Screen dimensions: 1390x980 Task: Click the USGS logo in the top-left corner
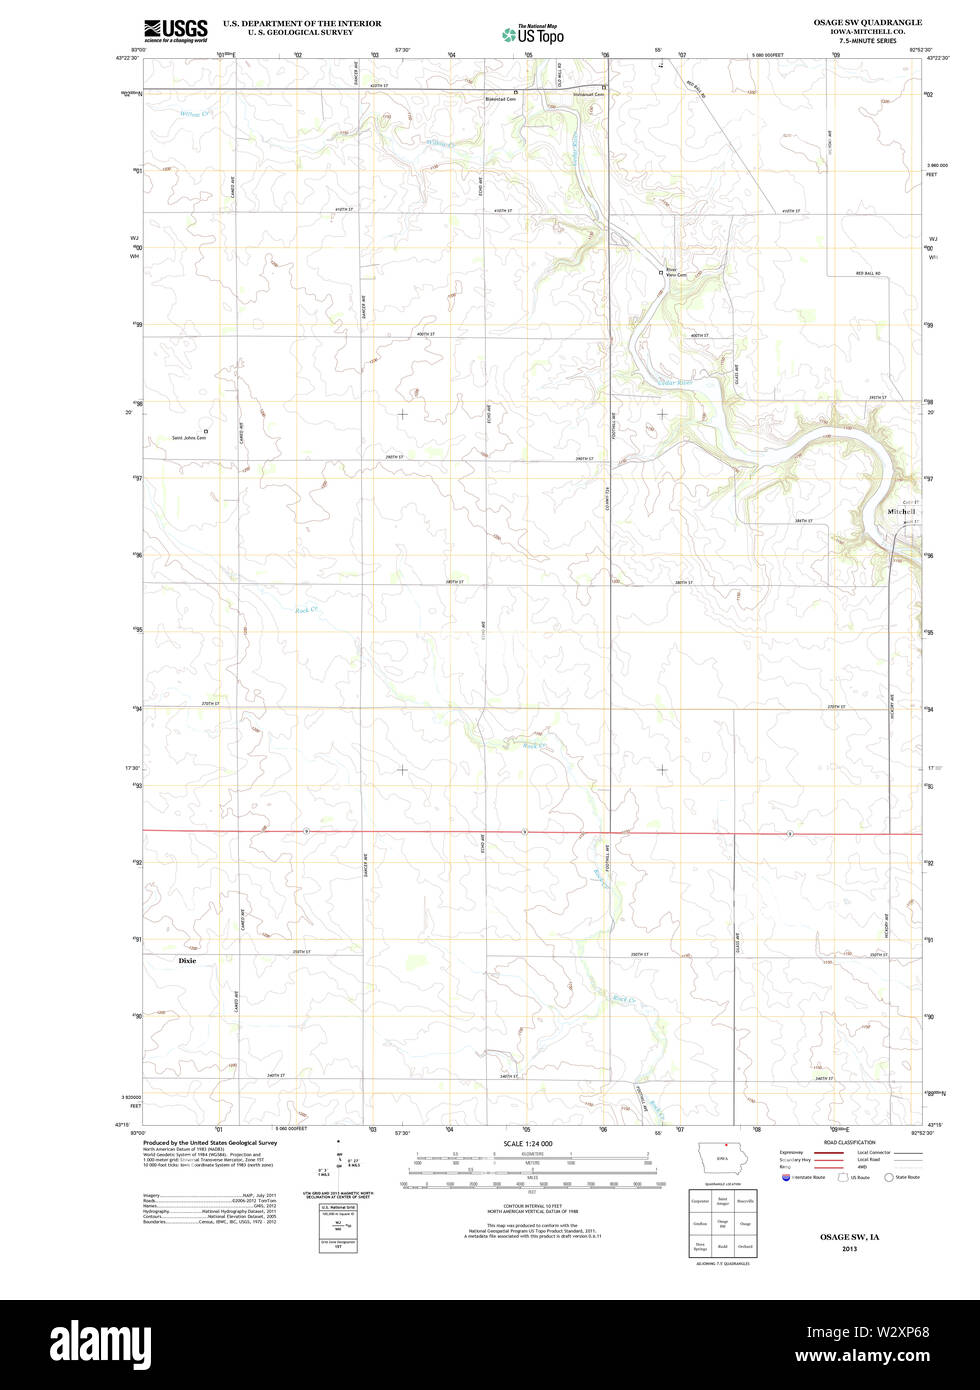pos(175,30)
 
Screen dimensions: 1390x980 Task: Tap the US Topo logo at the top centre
pos(533,34)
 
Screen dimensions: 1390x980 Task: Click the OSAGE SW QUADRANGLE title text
pos(866,22)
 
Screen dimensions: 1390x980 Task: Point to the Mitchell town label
pos(901,511)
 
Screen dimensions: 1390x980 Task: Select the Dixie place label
pos(187,960)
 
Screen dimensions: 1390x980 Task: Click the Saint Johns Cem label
pos(188,437)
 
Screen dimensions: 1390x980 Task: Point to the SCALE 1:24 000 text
pos(528,1143)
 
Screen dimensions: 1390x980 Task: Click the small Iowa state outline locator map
pos(721,1160)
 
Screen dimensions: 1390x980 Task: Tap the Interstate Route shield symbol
pos(785,1177)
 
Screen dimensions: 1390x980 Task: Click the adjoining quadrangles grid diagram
pos(721,1222)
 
